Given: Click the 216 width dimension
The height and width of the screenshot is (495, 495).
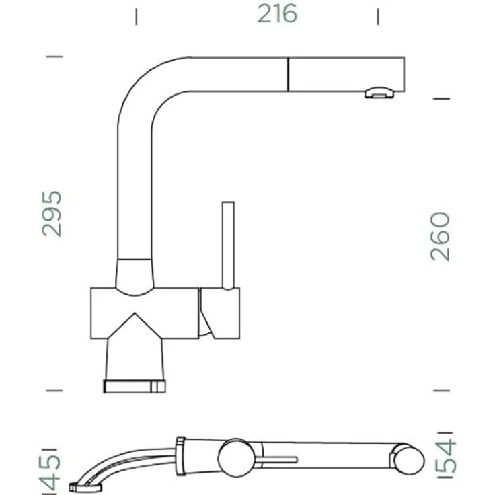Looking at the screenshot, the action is pyautogui.click(x=277, y=14).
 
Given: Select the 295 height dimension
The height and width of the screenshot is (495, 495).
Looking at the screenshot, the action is pyautogui.click(x=52, y=214).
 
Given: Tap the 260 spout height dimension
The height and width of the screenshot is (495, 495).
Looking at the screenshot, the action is pyautogui.click(x=440, y=237).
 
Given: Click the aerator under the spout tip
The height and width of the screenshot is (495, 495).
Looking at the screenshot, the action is pyautogui.click(x=379, y=93).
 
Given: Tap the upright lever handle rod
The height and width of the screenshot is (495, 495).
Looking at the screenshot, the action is pyautogui.click(x=228, y=245).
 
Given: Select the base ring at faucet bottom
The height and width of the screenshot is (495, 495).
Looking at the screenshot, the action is pyautogui.click(x=135, y=387).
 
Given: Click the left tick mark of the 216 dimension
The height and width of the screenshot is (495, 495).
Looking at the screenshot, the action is pyautogui.click(x=136, y=16).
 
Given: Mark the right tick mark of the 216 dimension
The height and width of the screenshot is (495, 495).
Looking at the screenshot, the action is pyautogui.click(x=378, y=16).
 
